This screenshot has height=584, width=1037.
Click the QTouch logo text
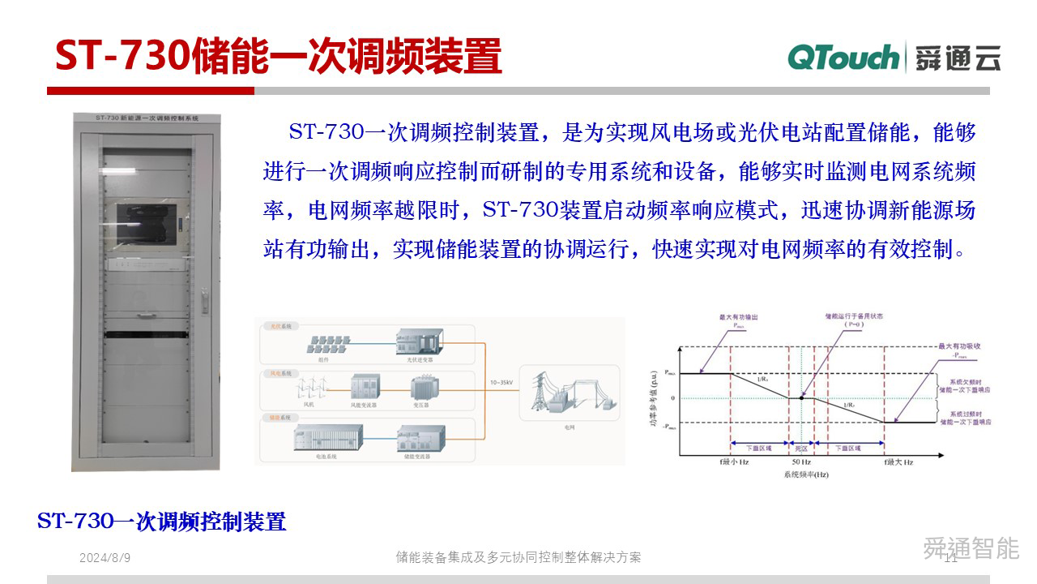pos(843,58)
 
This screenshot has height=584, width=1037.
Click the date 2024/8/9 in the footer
pos(105,558)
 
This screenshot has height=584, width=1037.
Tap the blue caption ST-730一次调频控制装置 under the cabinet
pos(162,521)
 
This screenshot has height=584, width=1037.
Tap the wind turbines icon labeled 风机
pos(309,388)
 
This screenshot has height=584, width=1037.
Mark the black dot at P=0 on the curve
pos(801,397)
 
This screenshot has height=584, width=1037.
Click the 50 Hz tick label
pos(800,462)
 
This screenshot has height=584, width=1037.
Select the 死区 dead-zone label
pos(801,447)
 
